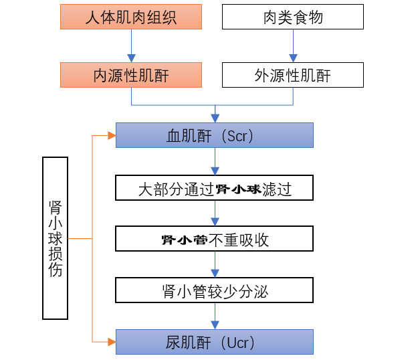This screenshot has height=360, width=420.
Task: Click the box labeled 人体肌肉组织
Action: pos(131,17)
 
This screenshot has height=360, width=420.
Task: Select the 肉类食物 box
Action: pos(293,17)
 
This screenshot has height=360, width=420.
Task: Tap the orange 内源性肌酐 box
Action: pos(131,75)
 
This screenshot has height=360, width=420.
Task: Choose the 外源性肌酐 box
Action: pos(293,75)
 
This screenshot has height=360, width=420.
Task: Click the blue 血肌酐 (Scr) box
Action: pos(215,135)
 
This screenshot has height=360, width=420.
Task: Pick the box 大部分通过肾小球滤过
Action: pos(214,187)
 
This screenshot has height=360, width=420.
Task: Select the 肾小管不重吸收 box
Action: pos(214,239)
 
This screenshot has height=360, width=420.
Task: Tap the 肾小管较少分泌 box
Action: pos(214,290)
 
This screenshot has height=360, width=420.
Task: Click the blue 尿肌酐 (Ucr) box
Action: pos(215,342)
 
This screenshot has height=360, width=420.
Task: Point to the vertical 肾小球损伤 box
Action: pos(56,238)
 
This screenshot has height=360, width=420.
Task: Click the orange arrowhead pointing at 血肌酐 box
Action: pos(112,136)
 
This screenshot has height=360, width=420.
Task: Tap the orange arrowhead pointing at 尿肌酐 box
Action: pos(112,342)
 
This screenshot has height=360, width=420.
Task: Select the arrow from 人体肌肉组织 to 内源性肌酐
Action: pos(131,46)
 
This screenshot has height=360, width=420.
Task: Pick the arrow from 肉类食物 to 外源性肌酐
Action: pos(293,46)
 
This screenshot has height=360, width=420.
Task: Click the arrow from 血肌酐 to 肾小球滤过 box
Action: pos(215,161)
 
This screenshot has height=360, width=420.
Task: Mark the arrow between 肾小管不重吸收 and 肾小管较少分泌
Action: pos(215,264)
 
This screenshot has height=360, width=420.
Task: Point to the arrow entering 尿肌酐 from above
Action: pos(215,317)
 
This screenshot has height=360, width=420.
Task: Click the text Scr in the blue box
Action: pos(237,136)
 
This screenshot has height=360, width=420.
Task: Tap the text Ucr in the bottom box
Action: pos(237,343)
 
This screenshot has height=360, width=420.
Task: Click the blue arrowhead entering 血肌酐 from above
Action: pos(215,118)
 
